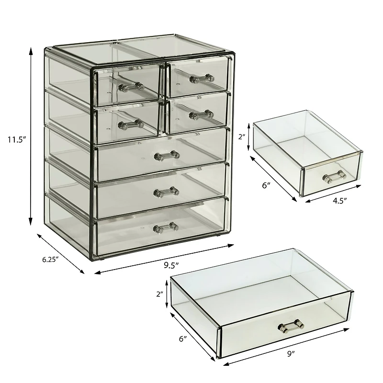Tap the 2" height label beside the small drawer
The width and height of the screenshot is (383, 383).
coord(242,136)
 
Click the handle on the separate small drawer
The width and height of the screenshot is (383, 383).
coord(333,177)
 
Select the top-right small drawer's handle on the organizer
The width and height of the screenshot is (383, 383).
coord(201,77)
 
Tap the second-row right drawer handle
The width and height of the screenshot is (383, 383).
coord(201,114)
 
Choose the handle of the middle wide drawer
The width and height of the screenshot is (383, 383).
coord(166,192)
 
